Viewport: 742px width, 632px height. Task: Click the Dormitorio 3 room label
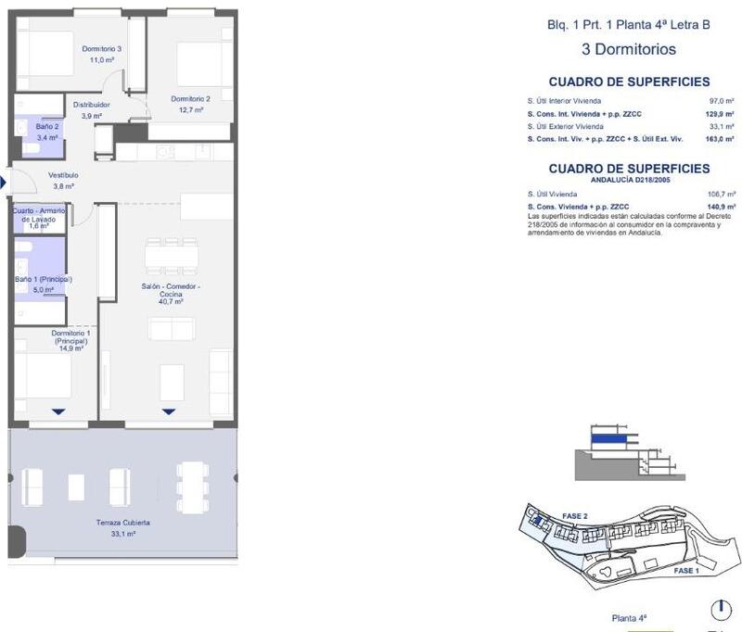click(101, 48)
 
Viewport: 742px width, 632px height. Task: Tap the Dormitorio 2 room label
click(190, 99)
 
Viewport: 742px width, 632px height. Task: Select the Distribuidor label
click(92, 105)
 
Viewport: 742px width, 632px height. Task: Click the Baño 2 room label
click(47, 126)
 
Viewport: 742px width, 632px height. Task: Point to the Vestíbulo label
click(63, 174)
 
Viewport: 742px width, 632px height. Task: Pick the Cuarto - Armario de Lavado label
click(38, 215)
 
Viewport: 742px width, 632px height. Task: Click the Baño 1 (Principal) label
click(44, 279)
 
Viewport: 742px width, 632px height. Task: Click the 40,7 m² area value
click(171, 301)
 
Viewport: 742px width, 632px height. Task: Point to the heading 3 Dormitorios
click(628, 50)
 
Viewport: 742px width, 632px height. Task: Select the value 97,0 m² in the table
click(722, 100)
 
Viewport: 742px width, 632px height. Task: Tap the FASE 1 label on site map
click(685, 571)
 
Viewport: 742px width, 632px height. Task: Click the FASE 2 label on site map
click(574, 516)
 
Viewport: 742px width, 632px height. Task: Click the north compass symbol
click(720, 611)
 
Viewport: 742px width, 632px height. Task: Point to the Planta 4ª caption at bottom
click(629, 617)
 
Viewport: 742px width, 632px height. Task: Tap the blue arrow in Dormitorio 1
click(58, 411)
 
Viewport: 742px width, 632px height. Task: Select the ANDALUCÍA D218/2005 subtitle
click(629, 181)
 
